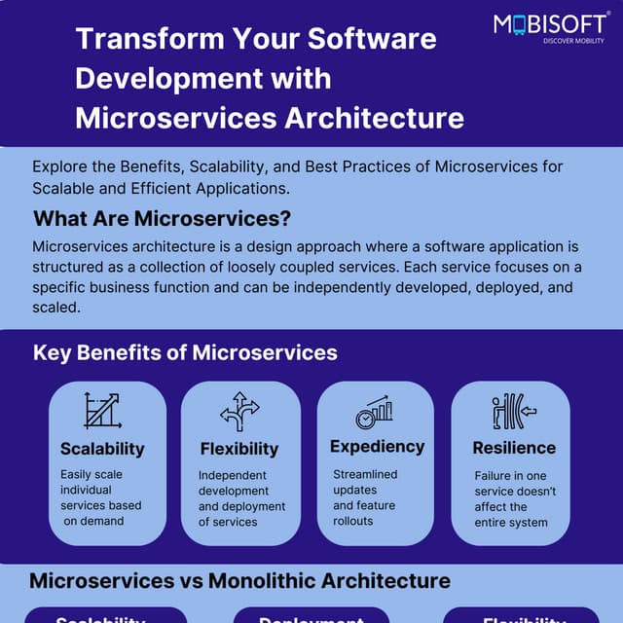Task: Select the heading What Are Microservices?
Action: (x=163, y=217)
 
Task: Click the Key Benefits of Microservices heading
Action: (x=185, y=352)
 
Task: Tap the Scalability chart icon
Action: (x=101, y=411)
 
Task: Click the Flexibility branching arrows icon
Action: (x=239, y=411)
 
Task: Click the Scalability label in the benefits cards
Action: (x=102, y=449)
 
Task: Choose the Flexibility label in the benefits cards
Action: (x=239, y=449)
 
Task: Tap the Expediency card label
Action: (x=378, y=447)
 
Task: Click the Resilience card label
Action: (x=514, y=449)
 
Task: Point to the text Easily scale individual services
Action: (x=100, y=490)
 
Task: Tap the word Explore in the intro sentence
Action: (x=60, y=166)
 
